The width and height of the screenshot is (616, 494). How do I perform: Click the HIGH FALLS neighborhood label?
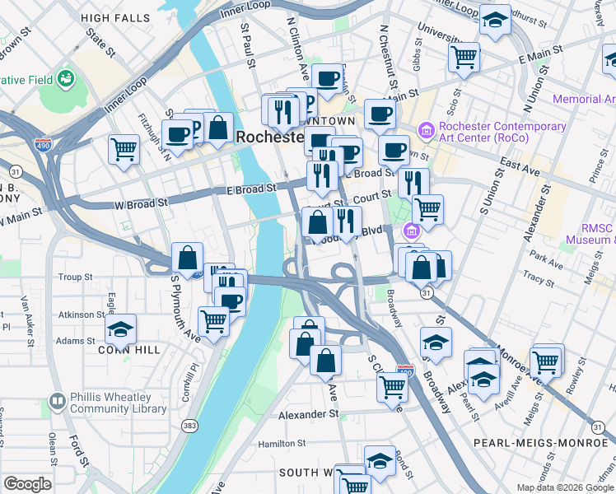coord(116,17)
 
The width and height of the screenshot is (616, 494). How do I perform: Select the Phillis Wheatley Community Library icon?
coord(57,401)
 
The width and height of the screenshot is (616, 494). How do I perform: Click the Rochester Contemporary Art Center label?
coord(502,133)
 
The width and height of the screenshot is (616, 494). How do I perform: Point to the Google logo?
coord(26,484)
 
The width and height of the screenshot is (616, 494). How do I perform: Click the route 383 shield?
coord(190,425)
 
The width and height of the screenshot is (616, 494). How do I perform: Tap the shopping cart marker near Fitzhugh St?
coord(124,150)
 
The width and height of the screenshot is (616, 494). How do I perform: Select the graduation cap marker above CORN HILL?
coord(120,329)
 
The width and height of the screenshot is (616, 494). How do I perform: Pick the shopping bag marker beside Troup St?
coord(187,258)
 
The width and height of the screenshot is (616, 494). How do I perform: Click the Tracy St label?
coord(539,281)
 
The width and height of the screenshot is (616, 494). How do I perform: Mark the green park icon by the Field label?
coord(65,79)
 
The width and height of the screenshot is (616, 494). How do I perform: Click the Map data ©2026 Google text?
coord(565,487)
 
